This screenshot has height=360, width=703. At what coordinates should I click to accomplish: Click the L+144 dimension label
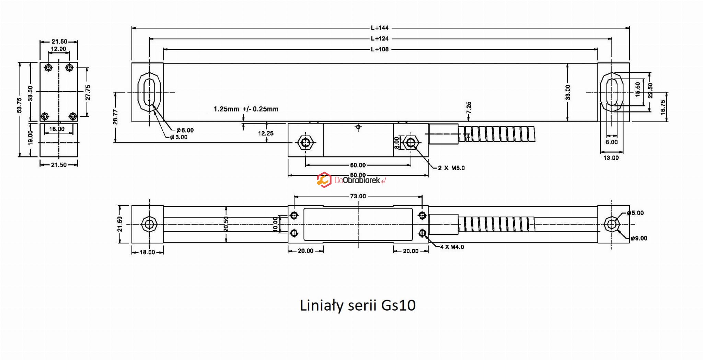379,28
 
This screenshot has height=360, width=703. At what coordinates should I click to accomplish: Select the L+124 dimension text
379,38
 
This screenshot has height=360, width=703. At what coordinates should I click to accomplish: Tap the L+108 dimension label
379,49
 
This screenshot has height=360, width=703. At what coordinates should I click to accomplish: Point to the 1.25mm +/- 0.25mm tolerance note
246,109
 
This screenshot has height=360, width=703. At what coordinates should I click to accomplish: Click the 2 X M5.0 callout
451,168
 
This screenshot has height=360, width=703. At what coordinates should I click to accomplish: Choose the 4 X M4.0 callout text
452,247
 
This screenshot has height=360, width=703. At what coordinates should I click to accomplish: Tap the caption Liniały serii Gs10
358,305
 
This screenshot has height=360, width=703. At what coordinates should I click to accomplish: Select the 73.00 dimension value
358,196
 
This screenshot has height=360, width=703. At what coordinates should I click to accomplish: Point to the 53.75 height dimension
20,105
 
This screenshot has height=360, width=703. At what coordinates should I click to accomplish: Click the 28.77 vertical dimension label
116,117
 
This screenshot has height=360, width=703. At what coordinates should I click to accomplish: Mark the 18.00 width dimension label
147,252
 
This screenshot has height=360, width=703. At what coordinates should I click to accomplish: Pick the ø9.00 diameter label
639,238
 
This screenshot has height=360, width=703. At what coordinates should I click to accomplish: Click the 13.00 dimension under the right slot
611,158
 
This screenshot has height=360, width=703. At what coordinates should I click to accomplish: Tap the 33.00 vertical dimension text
568,92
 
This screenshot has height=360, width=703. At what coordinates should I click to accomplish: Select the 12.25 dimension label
266,133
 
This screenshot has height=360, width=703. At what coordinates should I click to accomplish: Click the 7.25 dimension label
469,107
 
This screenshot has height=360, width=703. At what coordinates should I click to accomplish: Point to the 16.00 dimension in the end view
57,129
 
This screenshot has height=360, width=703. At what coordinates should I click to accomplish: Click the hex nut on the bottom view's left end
149,224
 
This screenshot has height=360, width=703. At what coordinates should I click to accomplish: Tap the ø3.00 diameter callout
179,137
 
